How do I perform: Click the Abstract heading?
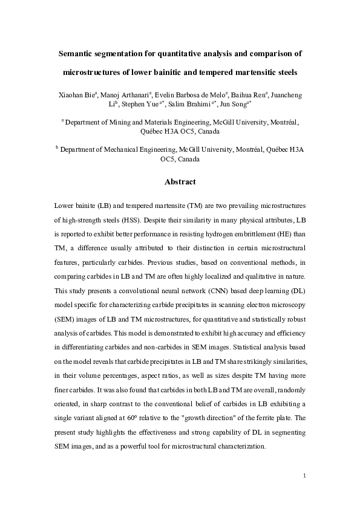pos(180,181)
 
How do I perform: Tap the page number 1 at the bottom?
pos(305,476)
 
